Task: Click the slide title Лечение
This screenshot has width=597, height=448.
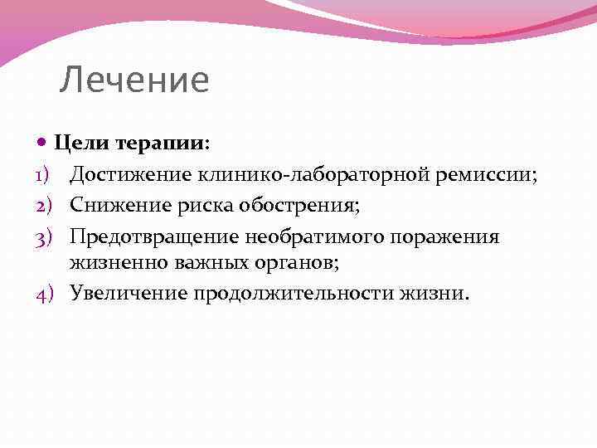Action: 134,80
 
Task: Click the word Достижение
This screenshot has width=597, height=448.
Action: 131,175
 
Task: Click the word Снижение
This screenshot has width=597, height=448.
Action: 118,205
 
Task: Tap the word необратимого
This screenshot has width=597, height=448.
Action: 315,237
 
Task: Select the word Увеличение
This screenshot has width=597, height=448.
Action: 129,293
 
